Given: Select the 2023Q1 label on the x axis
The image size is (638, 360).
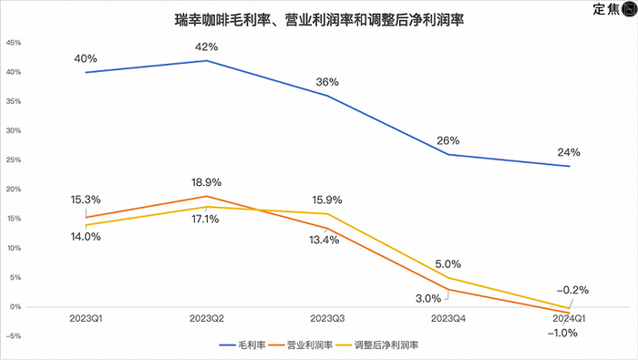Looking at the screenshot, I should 86,319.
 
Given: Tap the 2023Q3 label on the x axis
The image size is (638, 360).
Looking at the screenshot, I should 327,319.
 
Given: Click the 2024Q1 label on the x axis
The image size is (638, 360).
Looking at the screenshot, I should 568,319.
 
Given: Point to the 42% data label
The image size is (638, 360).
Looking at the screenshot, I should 207,46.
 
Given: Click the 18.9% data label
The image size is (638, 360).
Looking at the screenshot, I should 206,182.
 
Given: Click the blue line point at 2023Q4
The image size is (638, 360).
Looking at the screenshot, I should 448,154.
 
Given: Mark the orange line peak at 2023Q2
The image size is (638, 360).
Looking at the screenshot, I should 207,196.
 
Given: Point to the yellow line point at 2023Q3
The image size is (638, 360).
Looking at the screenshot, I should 327,213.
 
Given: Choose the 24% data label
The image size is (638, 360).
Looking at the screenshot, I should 569,152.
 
